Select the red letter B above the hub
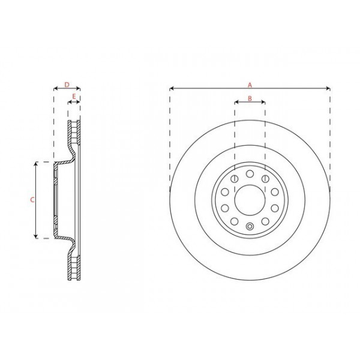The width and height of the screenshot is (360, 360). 249,98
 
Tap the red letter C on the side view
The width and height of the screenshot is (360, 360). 32,200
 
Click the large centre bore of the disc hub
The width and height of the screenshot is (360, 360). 249,200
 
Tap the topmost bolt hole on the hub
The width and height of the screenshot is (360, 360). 249,174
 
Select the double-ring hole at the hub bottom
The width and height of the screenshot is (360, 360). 249,226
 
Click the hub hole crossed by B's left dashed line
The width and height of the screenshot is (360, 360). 234,179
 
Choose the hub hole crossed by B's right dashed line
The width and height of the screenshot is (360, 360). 265,179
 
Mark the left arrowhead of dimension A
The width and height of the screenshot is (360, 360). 172,89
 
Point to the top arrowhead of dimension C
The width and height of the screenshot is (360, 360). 37,163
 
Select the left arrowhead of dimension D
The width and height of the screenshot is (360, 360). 55,89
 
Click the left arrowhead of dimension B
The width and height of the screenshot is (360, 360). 236,102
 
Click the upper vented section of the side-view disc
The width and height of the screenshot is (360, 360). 74,133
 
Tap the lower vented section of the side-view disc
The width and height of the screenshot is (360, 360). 74,266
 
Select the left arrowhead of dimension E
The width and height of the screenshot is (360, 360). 69,102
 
